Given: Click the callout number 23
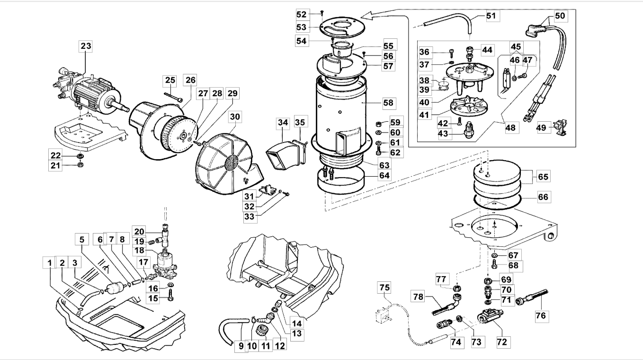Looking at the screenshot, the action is (86, 46).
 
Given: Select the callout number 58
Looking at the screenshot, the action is (388, 103).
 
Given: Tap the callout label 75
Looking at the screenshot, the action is (384, 288).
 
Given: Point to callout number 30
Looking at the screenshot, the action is (235, 117).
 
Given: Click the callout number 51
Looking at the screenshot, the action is (491, 16).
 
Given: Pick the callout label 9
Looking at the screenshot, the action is (241, 346).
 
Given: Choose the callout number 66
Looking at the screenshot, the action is (543, 197).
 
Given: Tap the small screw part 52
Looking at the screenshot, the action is (322, 12).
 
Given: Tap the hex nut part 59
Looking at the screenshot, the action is (378, 124).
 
